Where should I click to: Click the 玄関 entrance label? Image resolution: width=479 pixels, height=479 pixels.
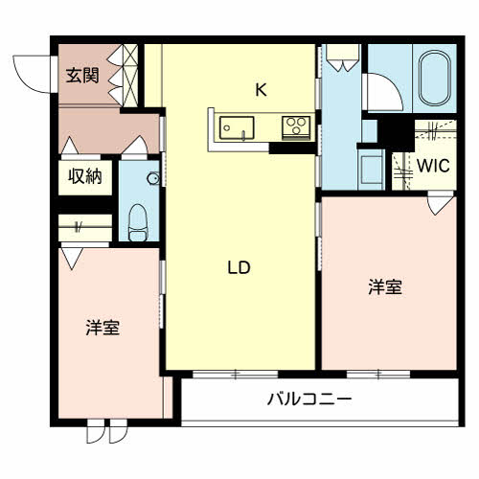[x=82, y=76]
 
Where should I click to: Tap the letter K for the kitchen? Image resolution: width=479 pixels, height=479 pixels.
[x=261, y=90]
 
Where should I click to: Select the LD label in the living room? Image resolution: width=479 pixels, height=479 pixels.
[x=239, y=267]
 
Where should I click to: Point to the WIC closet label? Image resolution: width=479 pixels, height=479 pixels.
[x=433, y=166]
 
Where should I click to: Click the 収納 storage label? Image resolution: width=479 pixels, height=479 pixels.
[x=85, y=176]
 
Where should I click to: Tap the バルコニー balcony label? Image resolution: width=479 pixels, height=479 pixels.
[x=309, y=399]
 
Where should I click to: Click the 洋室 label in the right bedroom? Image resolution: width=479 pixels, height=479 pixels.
[x=385, y=286]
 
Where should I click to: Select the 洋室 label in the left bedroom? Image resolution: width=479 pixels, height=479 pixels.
[x=103, y=328]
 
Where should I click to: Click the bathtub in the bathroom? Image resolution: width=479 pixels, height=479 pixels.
[x=435, y=78]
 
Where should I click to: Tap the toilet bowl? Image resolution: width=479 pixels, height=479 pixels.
[x=139, y=222]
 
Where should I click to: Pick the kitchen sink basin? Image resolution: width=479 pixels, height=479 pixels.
[x=237, y=128]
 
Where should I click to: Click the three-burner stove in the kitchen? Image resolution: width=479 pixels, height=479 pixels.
[x=296, y=128]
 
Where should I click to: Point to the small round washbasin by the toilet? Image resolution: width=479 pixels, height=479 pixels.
[x=153, y=178]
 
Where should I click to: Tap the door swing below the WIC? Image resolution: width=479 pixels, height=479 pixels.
[x=440, y=203]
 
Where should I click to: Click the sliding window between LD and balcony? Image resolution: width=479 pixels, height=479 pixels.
[x=236, y=374]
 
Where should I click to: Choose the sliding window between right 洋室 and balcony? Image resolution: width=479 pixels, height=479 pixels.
[x=378, y=374]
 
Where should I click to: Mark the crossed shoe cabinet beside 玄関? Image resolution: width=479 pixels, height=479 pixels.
[x=130, y=76]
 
